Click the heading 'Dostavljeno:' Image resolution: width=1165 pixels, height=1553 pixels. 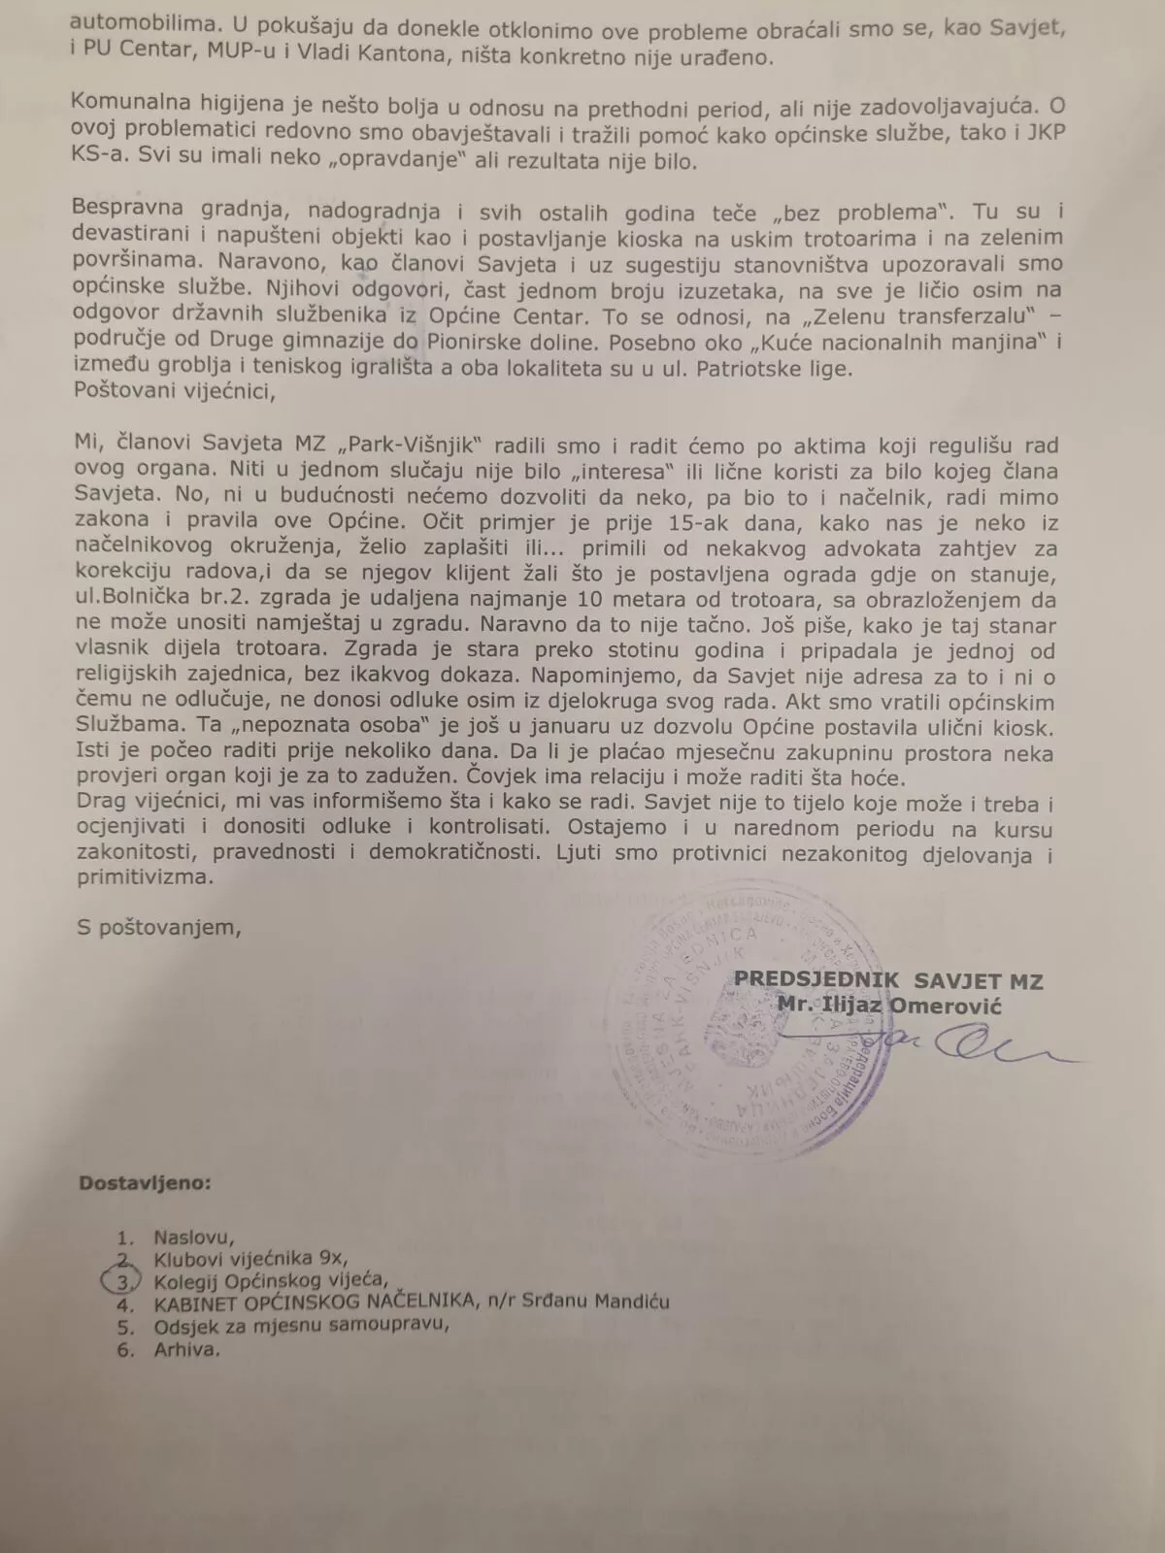click(145, 1183)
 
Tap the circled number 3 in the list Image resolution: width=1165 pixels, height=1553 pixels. click(122, 1280)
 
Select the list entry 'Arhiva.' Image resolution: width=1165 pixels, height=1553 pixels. click(186, 1348)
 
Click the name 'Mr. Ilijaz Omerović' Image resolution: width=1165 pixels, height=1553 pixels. click(888, 1005)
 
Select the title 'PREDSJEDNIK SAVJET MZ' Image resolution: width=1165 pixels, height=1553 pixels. click(887, 980)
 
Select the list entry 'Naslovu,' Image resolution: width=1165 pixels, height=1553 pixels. click(194, 1237)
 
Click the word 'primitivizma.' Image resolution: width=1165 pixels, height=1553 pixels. click(144, 877)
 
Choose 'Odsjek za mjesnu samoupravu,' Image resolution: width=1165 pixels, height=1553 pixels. click(301, 1325)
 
